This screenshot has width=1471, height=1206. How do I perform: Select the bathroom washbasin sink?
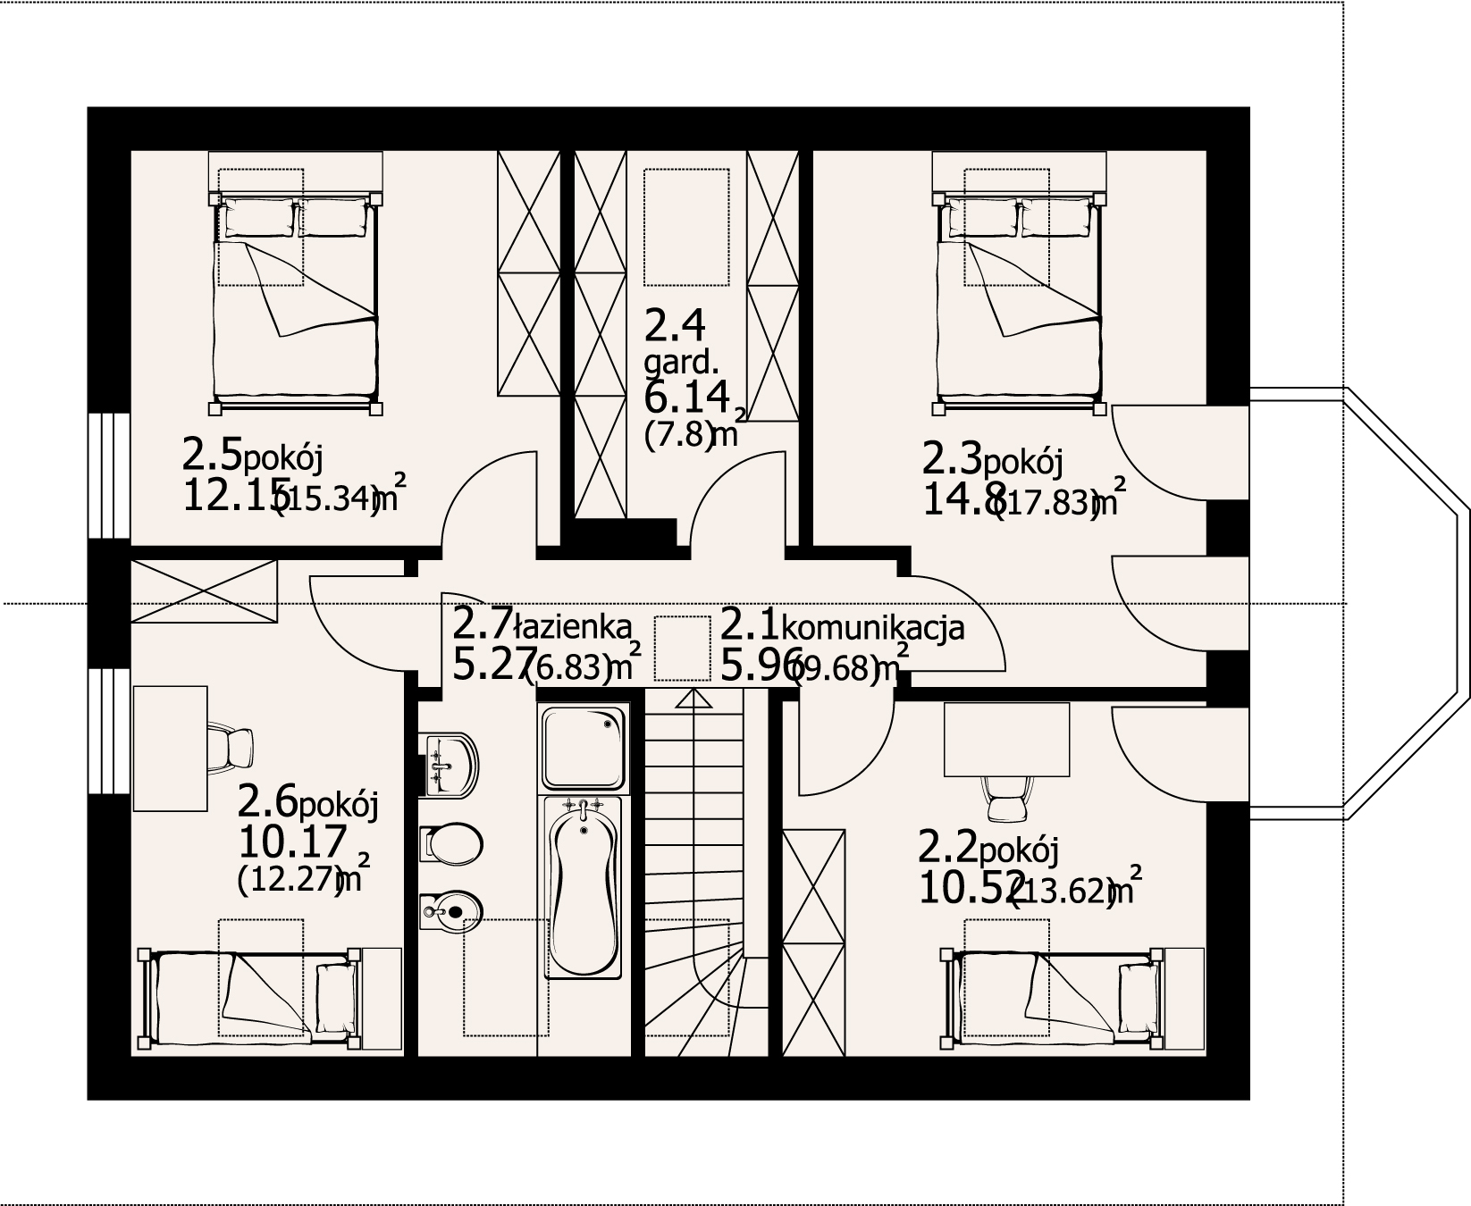(x=452, y=765)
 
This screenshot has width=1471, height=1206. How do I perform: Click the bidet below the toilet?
(x=454, y=912)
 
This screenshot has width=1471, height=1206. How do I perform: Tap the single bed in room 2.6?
(x=250, y=996)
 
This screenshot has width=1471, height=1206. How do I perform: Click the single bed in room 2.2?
(x=1055, y=996)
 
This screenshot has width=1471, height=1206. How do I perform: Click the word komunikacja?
(x=873, y=628)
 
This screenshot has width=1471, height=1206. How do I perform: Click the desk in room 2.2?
(x=1007, y=739)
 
